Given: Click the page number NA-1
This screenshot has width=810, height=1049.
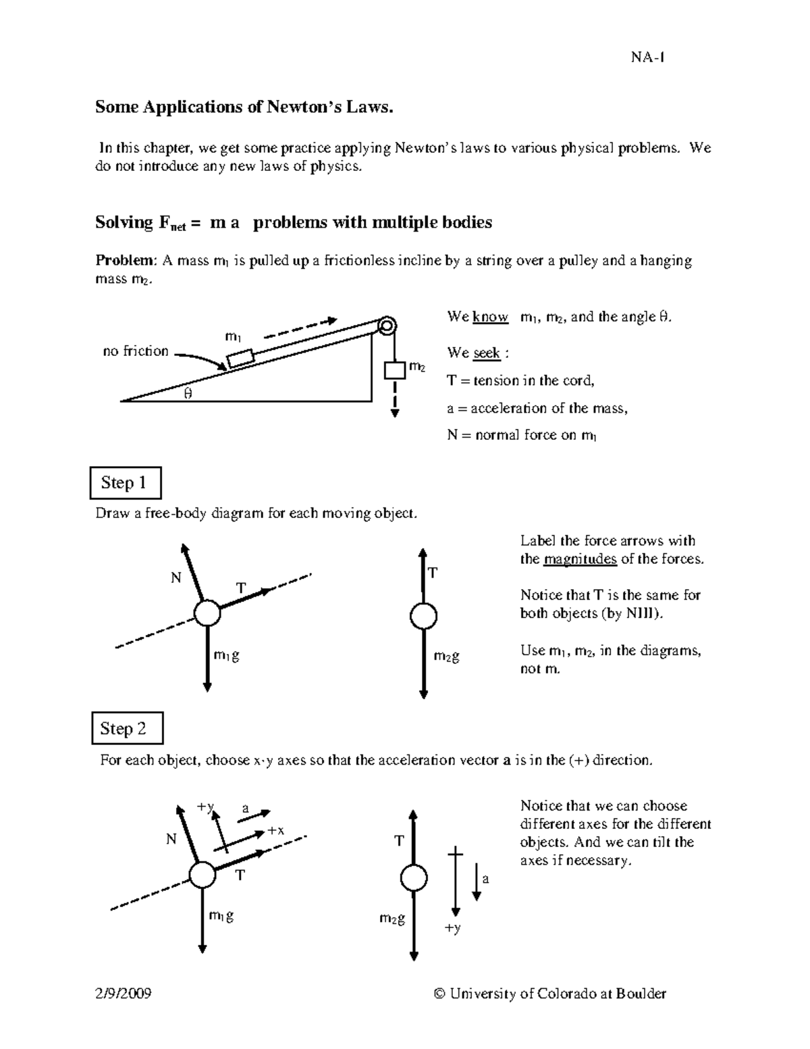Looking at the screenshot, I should click(648, 57).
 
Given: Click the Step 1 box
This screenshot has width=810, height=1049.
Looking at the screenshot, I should click(125, 483).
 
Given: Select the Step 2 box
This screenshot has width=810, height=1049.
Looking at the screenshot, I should click(126, 728).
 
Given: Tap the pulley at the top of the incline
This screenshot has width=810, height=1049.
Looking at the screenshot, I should click(387, 326).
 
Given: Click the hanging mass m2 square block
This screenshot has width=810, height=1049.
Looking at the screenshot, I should click(395, 370).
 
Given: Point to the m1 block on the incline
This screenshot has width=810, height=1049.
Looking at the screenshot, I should click(240, 357).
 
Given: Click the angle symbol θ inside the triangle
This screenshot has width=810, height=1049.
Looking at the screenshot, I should click(188, 393).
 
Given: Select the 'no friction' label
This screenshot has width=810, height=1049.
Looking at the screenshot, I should click(136, 351).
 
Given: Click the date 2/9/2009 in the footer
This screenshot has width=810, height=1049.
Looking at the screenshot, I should click(123, 993).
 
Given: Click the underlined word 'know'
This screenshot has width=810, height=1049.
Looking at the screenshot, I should click(491, 317).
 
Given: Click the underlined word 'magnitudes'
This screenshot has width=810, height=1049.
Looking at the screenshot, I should click(580, 559).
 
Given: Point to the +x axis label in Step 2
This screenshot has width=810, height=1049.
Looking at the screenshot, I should click(276, 830).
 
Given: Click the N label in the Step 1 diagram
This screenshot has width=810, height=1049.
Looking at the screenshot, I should click(176, 578).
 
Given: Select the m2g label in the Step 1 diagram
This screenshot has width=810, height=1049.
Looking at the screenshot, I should click(446, 656).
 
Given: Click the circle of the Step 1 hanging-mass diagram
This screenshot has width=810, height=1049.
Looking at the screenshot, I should click(423, 616).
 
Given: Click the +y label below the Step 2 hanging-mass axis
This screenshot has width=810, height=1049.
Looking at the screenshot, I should click(452, 928).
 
